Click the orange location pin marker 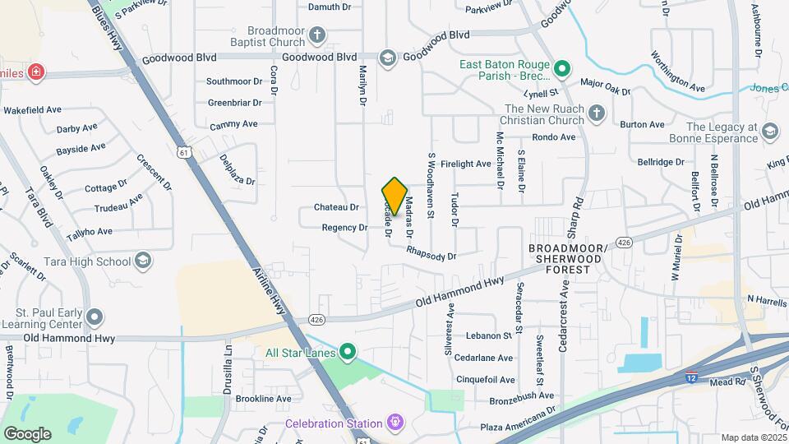(394, 196)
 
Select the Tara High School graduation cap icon (144, 261)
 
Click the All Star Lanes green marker (348, 354)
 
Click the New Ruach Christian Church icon (598, 113)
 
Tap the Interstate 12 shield (692, 377)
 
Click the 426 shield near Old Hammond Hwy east (624, 243)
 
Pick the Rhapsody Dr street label (431, 257)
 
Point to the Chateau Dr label (337, 207)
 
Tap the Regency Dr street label (344, 228)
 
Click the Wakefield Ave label (33, 109)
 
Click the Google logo (27, 433)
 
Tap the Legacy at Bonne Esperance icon (770, 132)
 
